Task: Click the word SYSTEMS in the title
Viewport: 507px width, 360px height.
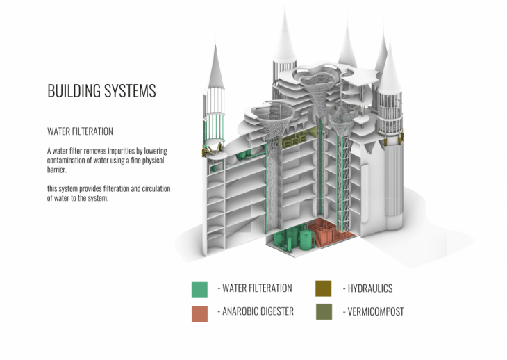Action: point(130,91)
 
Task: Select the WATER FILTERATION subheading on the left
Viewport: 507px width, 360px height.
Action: point(80,131)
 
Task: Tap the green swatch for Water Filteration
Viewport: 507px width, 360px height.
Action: point(199,289)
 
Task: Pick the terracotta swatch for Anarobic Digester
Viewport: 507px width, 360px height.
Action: point(199,313)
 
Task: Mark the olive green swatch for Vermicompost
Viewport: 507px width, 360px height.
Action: point(323,313)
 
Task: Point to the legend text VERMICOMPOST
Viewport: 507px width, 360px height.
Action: point(374,312)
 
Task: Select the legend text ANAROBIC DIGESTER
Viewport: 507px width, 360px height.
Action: point(256,312)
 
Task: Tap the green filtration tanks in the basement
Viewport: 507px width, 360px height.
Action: point(292,238)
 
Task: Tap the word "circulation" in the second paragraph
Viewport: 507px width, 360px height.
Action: point(153,189)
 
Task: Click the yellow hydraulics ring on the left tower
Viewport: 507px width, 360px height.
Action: point(213,151)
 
